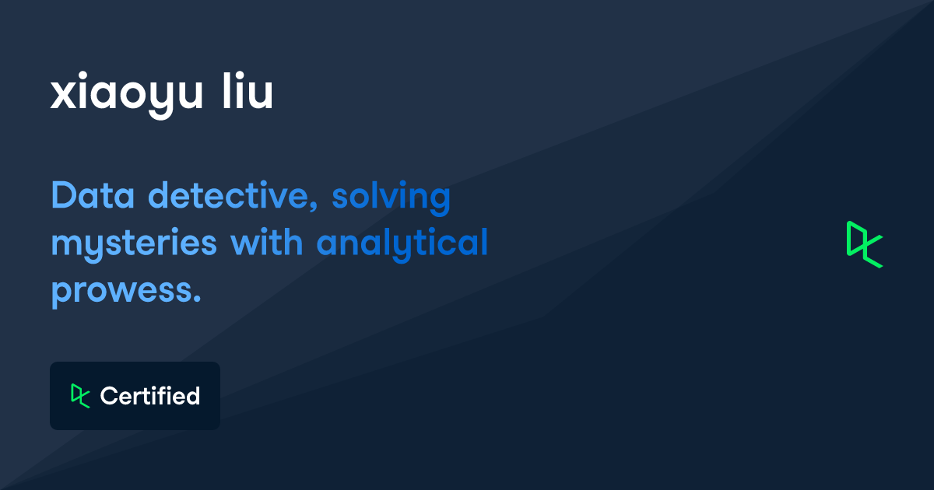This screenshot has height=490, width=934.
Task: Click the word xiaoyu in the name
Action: click(x=126, y=95)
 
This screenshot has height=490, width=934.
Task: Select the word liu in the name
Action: click(x=248, y=90)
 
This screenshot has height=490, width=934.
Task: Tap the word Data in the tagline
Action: click(x=93, y=194)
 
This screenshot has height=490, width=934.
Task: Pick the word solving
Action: click(x=391, y=198)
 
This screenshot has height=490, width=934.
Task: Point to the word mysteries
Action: click(x=134, y=244)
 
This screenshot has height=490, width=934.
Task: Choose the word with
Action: click(x=266, y=241)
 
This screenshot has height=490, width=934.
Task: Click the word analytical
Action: click(x=402, y=244)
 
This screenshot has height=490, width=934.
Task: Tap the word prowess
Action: click(x=126, y=292)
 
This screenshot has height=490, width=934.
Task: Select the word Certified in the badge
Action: click(x=150, y=396)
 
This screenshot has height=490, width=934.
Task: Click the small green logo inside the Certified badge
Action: click(x=80, y=396)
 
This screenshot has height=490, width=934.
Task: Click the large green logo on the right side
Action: click(x=865, y=244)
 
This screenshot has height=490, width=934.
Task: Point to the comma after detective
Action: click(x=314, y=206)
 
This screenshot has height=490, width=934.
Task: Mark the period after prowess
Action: click(x=197, y=297)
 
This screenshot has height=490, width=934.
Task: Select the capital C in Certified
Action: click(x=109, y=396)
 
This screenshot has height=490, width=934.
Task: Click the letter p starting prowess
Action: click(x=63, y=294)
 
